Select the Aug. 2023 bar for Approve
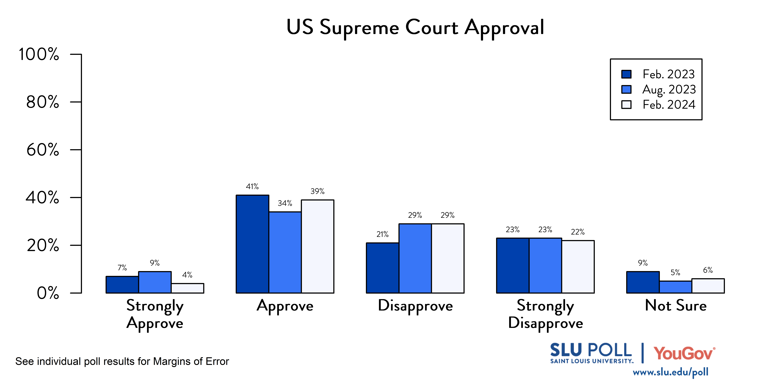click(285, 252)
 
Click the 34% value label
click(285, 203)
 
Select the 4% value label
click(187, 275)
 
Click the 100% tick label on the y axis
click(39, 54)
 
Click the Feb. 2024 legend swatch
click(626, 105)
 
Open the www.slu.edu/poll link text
click(670, 372)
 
